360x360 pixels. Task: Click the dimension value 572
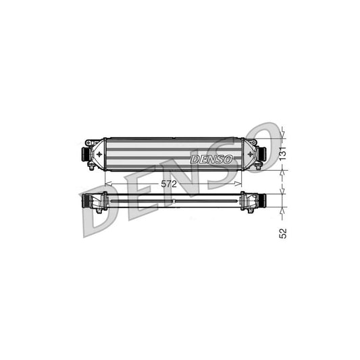(x=170, y=184)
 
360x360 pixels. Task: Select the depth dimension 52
(x=284, y=233)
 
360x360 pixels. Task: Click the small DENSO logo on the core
(x=211, y=159)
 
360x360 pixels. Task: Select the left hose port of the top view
(x=87, y=201)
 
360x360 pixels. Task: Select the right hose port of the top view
(x=260, y=201)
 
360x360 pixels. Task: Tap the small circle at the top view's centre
(x=174, y=201)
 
